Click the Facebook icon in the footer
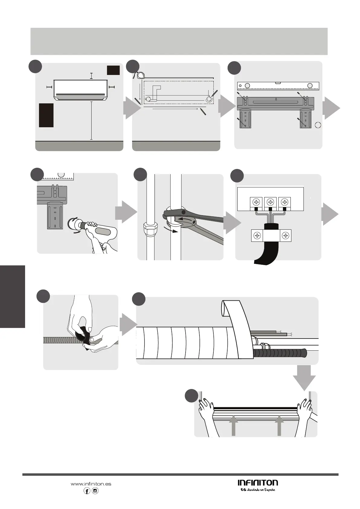click(x=87, y=491)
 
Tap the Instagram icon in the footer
click(x=95, y=491)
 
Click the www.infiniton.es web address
click(x=91, y=484)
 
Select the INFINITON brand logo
click(x=258, y=482)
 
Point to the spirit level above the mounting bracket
click(x=278, y=86)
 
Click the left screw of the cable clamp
click(x=257, y=235)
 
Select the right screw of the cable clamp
click(x=285, y=235)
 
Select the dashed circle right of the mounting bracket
click(x=318, y=125)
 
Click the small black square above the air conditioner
click(x=113, y=70)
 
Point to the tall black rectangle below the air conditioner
click(x=46, y=115)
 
